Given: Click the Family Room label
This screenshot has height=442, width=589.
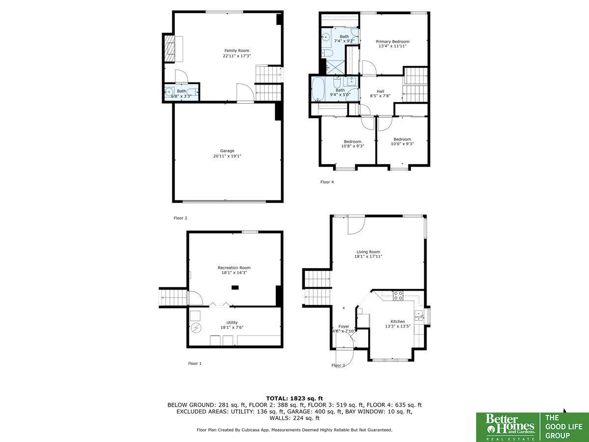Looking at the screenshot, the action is point(237,51).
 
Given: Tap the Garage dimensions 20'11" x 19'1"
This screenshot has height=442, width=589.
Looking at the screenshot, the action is point(227,156).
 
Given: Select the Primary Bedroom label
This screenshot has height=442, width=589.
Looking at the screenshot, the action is point(393,42).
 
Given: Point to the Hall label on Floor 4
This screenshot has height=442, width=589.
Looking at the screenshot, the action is point(380,91).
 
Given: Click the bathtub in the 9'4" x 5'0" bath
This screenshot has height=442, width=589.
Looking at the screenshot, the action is point(318,89).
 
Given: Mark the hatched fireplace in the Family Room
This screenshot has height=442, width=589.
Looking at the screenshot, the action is point(169,49).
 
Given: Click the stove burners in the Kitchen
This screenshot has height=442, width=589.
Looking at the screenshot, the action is point(398,296).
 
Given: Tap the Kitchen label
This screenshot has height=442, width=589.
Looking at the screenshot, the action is point(398,322).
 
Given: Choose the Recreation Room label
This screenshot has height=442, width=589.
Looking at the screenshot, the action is point(234,268).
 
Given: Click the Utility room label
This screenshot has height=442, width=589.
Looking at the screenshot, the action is point(232,323).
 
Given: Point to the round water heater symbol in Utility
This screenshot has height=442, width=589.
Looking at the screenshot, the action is point(196,328).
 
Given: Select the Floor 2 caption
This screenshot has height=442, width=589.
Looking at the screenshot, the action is point(180,218).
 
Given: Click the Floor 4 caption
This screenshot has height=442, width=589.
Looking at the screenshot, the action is point(327,182).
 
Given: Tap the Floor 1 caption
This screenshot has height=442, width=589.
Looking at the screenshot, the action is point(194,363).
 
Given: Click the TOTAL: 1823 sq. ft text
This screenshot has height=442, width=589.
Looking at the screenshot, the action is point(294,398).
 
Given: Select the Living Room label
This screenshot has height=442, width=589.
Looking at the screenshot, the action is point(368,252).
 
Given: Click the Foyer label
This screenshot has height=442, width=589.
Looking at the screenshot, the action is point(344,326).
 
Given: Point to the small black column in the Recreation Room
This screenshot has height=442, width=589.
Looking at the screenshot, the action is point(235,288).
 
